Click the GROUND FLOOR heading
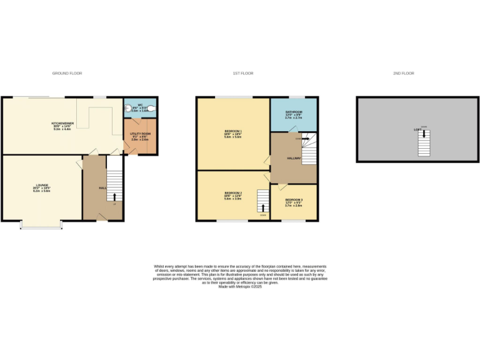tap(67, 73)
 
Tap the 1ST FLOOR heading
tap(243, 73)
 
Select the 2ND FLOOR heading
tap(404, 73)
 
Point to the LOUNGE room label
tap(42, 186)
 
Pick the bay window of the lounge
tap(41, 226)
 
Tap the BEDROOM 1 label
tap(232, 131)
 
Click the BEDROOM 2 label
tap(232, 193)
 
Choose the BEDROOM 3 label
tap(293, 200)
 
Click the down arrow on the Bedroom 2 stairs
tap(263, 207)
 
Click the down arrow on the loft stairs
tap(424, 134)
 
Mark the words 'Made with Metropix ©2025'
tap(240, 286)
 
